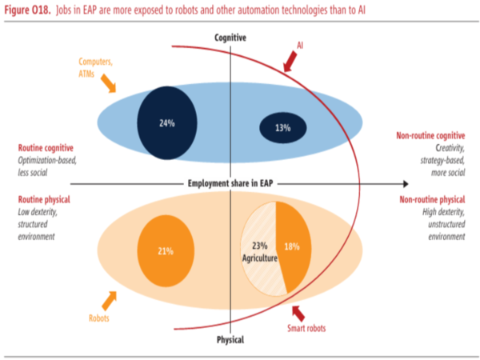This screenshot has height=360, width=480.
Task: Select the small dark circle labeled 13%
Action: tap(282, 128)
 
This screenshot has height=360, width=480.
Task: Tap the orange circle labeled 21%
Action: tap(166, 251)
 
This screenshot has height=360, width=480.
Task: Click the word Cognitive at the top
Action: tap(230, 38)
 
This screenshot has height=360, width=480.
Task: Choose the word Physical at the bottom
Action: tap(230, 339)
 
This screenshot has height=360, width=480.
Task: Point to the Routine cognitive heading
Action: tap(46, 148)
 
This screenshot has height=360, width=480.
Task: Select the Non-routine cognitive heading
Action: tap(430, 136)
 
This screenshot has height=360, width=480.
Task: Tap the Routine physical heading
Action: tap(44, 198)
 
